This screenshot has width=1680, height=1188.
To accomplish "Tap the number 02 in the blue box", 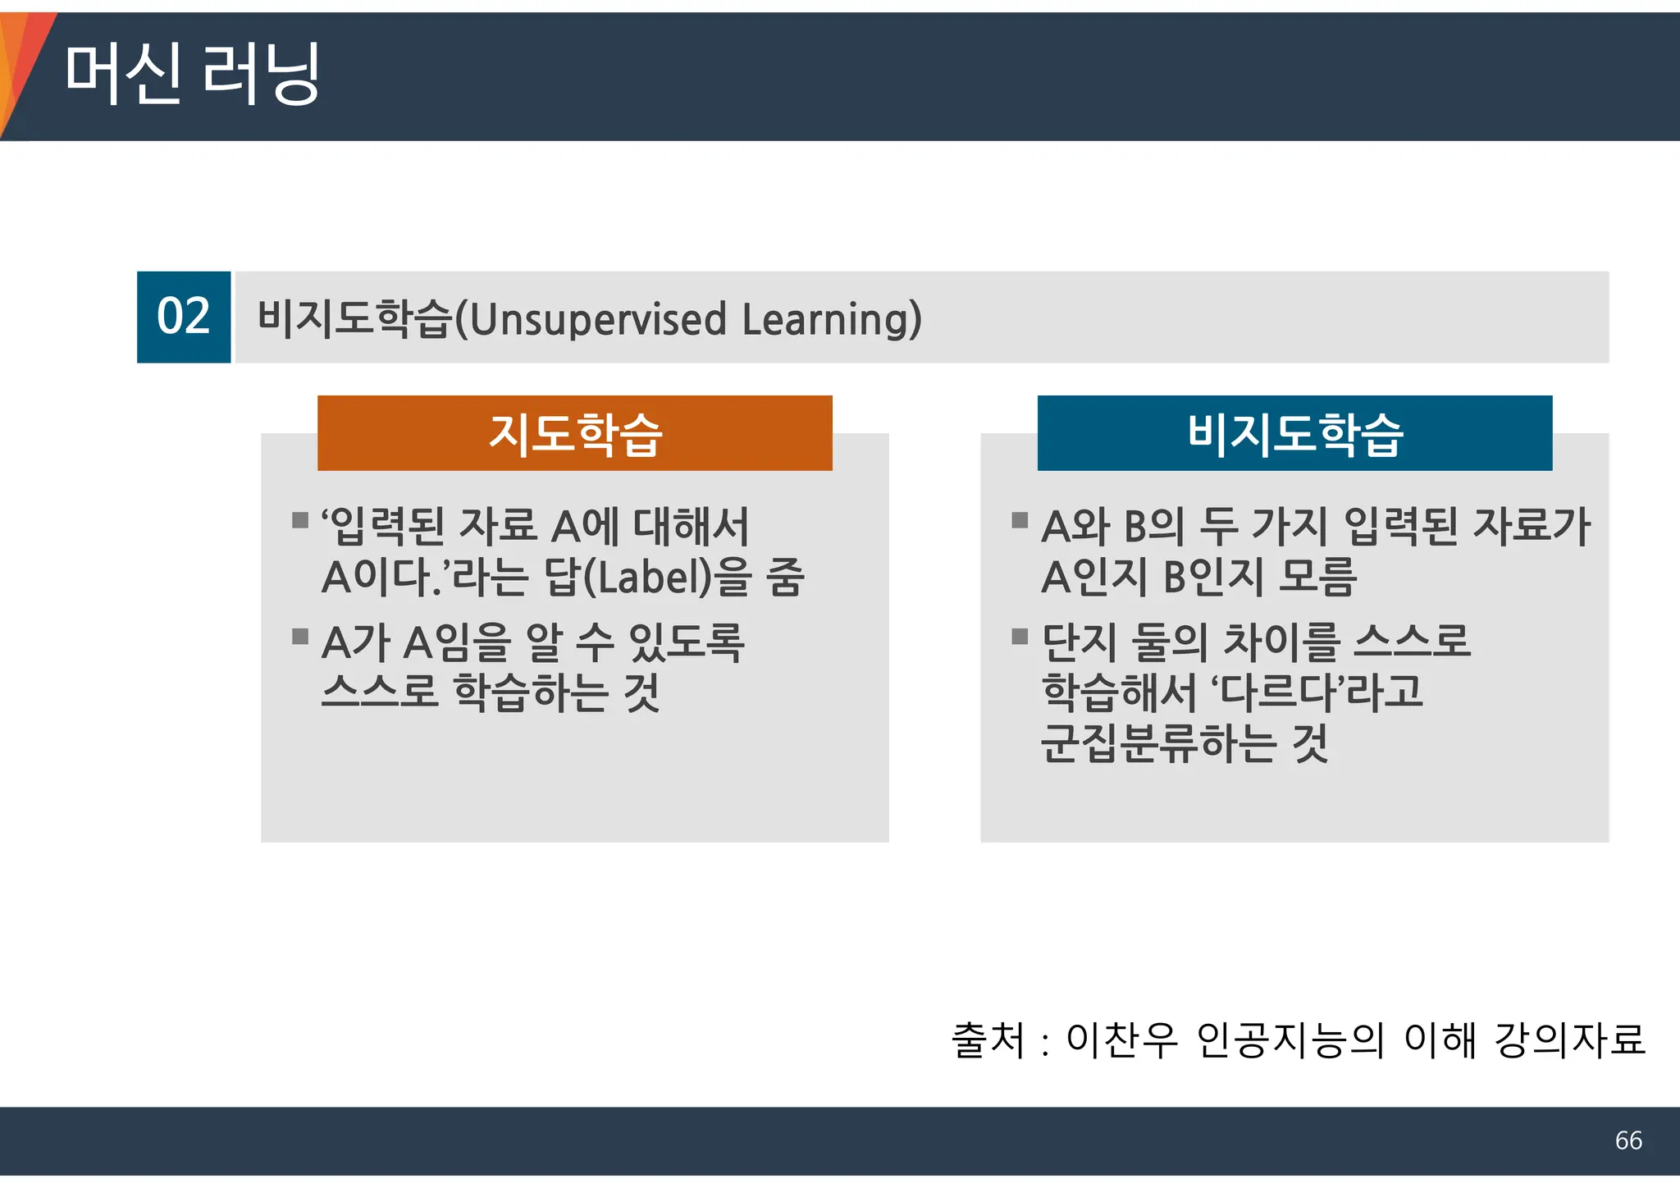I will (x=184, y=317).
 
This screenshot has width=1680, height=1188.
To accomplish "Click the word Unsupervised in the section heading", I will (x=599, y=319).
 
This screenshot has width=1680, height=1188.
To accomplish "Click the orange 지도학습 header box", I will (x=574, y=433).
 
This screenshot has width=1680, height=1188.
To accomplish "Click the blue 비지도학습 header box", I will (x=1294, y=433).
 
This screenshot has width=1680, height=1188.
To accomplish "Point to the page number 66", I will (x=1628, y=1140).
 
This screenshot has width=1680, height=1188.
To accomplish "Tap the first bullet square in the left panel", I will (x=300, y=520).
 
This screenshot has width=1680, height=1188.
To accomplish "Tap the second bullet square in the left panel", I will (x=300, y=636).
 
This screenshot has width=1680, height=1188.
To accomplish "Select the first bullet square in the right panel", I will (x=1020, y=520).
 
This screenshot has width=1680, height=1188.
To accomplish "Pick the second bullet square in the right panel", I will (x=1020, y=636).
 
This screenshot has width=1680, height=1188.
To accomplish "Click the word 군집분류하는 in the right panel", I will (x=1157, y=743).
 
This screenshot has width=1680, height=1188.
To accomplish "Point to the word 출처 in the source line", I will (x=988, y=1040).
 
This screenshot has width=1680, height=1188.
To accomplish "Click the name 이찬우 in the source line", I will (x=1121, y=1040).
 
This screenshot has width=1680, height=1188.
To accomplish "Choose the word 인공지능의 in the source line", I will (x=1290, y=1040).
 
